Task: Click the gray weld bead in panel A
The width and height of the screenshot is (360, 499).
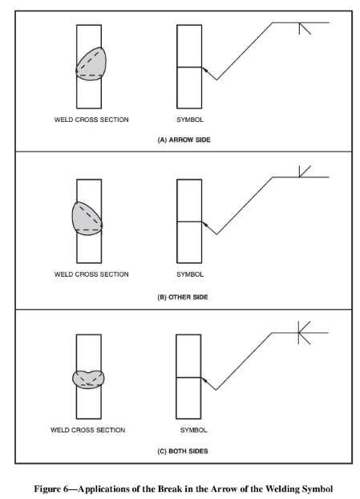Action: tap(91, 64)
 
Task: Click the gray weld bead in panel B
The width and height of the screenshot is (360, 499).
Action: tap(87, 219)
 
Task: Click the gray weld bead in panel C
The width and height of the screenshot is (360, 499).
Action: tap(88, 379)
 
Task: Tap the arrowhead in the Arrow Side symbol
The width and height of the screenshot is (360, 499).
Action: tap(205, 70)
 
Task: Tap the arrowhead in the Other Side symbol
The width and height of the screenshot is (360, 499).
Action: tap(205, 225)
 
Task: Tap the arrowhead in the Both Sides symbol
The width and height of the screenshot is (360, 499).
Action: tap(204, 380)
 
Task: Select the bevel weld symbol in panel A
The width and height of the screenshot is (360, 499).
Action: tap(305, 28)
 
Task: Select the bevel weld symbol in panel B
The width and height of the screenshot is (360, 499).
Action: tap(305, 171)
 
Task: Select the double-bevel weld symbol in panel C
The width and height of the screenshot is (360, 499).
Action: tap(304, 333)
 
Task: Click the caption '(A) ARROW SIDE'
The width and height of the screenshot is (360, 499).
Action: tap(184, 140)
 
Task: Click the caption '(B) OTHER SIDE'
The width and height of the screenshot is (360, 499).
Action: tap(183, 297)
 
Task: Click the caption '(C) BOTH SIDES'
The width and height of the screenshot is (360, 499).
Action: tap(183, 451)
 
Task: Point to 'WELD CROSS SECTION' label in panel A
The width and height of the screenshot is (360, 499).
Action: tap(91, 120)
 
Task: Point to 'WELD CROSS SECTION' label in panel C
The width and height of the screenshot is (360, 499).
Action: tap(87, 430)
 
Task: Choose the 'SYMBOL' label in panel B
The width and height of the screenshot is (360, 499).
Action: tap(190, 274)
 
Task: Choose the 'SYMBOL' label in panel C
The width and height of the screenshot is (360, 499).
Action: tap(193, 430)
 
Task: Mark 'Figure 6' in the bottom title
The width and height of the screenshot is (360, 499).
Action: tap(51, 489)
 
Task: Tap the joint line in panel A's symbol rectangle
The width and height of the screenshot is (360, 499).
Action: tap(189, 67)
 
